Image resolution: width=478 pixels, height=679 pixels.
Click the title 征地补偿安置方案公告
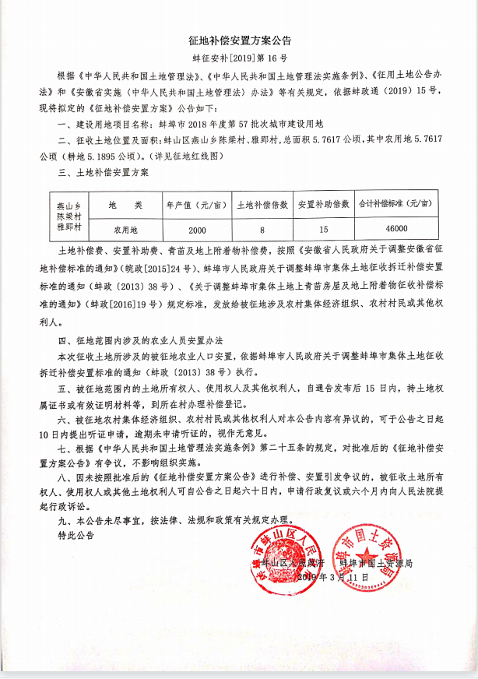click(239, 39)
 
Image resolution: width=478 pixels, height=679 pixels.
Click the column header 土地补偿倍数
click(263, 206)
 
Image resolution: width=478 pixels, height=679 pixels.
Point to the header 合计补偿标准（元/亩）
click(395, 206)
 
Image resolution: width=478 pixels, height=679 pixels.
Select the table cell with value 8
click(263, 229)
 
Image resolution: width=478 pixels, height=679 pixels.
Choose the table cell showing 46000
click(395, 229)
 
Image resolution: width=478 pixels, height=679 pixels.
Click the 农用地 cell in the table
click(125, 229)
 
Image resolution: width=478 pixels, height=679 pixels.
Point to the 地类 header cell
click(125, 206)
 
